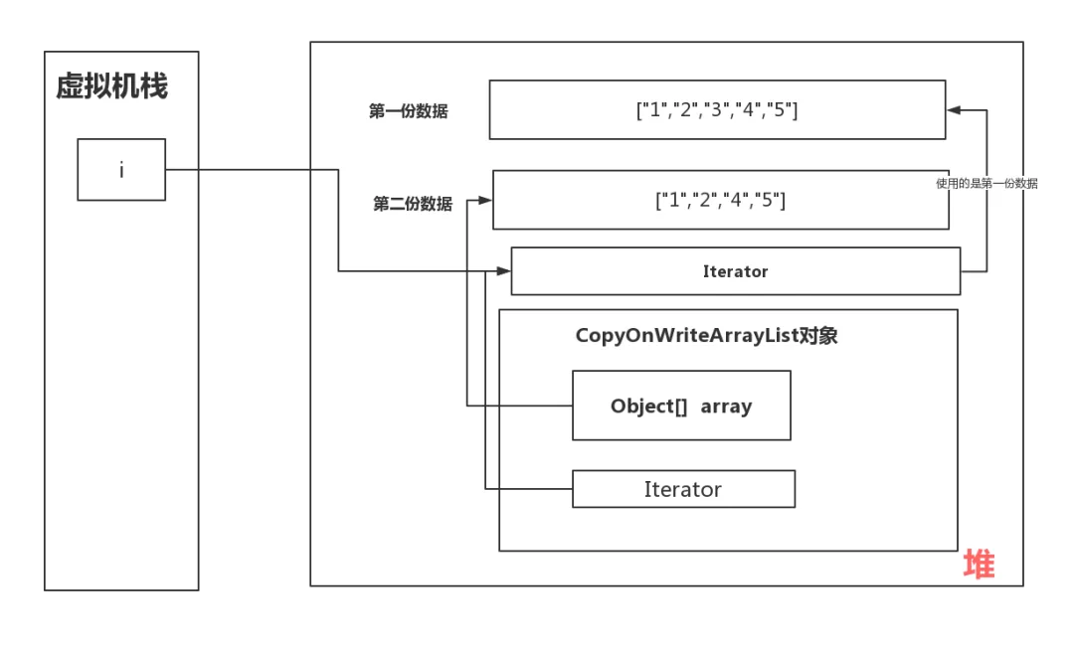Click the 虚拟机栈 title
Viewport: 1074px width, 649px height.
click(111, 87)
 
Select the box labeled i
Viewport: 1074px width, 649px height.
click(121, 170)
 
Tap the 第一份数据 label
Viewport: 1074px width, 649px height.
click(408, 111)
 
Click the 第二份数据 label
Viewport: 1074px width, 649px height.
click(412, 204)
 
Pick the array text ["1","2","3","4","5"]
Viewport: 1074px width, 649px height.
click(716, 110)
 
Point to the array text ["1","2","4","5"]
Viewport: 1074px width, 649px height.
click(720, 200)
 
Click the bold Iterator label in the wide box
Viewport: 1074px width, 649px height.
click(735, 271)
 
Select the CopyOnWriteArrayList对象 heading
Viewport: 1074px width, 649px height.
click(706, 335)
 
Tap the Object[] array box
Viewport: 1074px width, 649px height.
click(681, 406)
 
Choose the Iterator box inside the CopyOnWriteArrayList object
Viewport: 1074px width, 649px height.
click(683, 489)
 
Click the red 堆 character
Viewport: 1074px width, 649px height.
click(978, 565)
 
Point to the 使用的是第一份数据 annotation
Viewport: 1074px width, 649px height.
click(986, 183)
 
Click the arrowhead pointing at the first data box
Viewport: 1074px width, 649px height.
click(953, 109)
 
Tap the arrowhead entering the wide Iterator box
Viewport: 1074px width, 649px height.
click(504, 270)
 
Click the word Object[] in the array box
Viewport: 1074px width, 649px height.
click(648, 406)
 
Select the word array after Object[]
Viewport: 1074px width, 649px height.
click(726, 406)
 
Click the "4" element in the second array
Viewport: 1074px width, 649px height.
click(737, 200)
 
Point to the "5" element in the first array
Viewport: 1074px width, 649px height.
click(780, 110)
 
